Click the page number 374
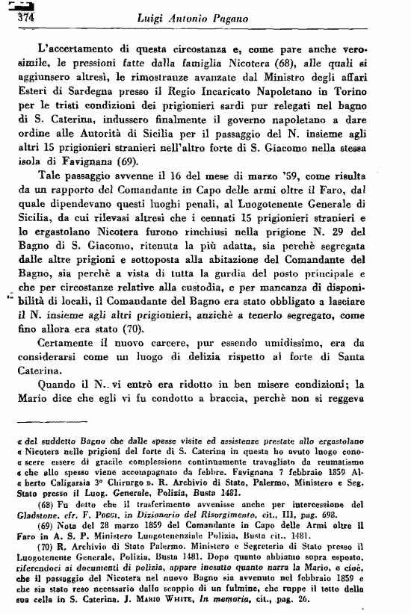(x=16, y=19)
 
